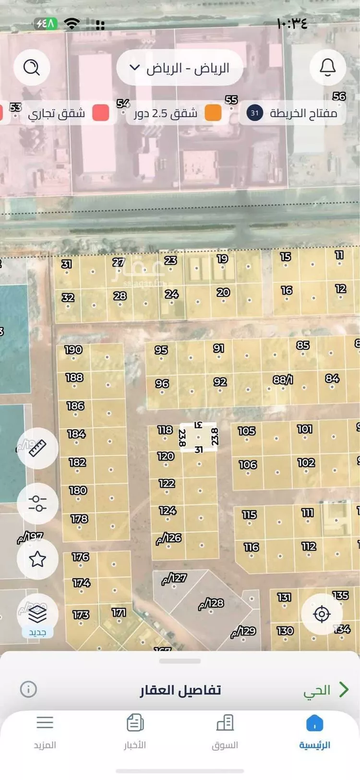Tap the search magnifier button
(x=32, y=68)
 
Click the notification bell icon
(x=328, y=68)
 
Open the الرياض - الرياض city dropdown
(x=180, y=68)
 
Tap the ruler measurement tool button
(x=37, y=448)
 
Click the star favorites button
(x=37, y=559)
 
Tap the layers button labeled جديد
(x=37, y=615)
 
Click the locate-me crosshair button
(x=322, y=614)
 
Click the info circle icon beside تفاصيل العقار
(x=28, y=689)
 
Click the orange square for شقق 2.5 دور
(x=213, y=113)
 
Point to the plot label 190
(x=73, y=350)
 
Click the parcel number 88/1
(x=283, y=379)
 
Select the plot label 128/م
(x=211, y=603)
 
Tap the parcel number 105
(x=247, y=431)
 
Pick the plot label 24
(x=171, y=294)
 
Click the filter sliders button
(x=37, y=503)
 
